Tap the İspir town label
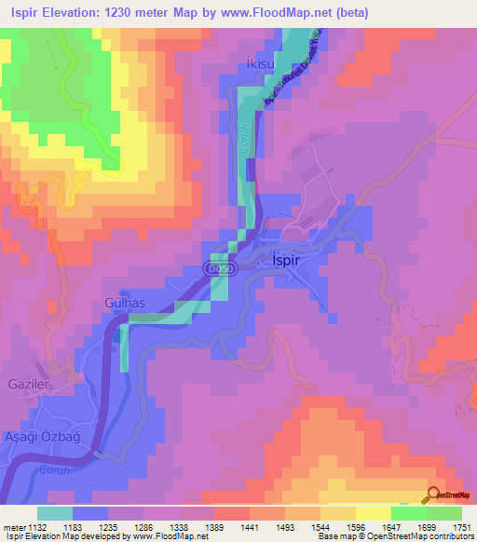[x=280, y=260]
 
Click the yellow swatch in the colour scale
[x=373, y=513]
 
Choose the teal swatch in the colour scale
[x=55, y=513]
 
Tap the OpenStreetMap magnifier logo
[x=435, y=495]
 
